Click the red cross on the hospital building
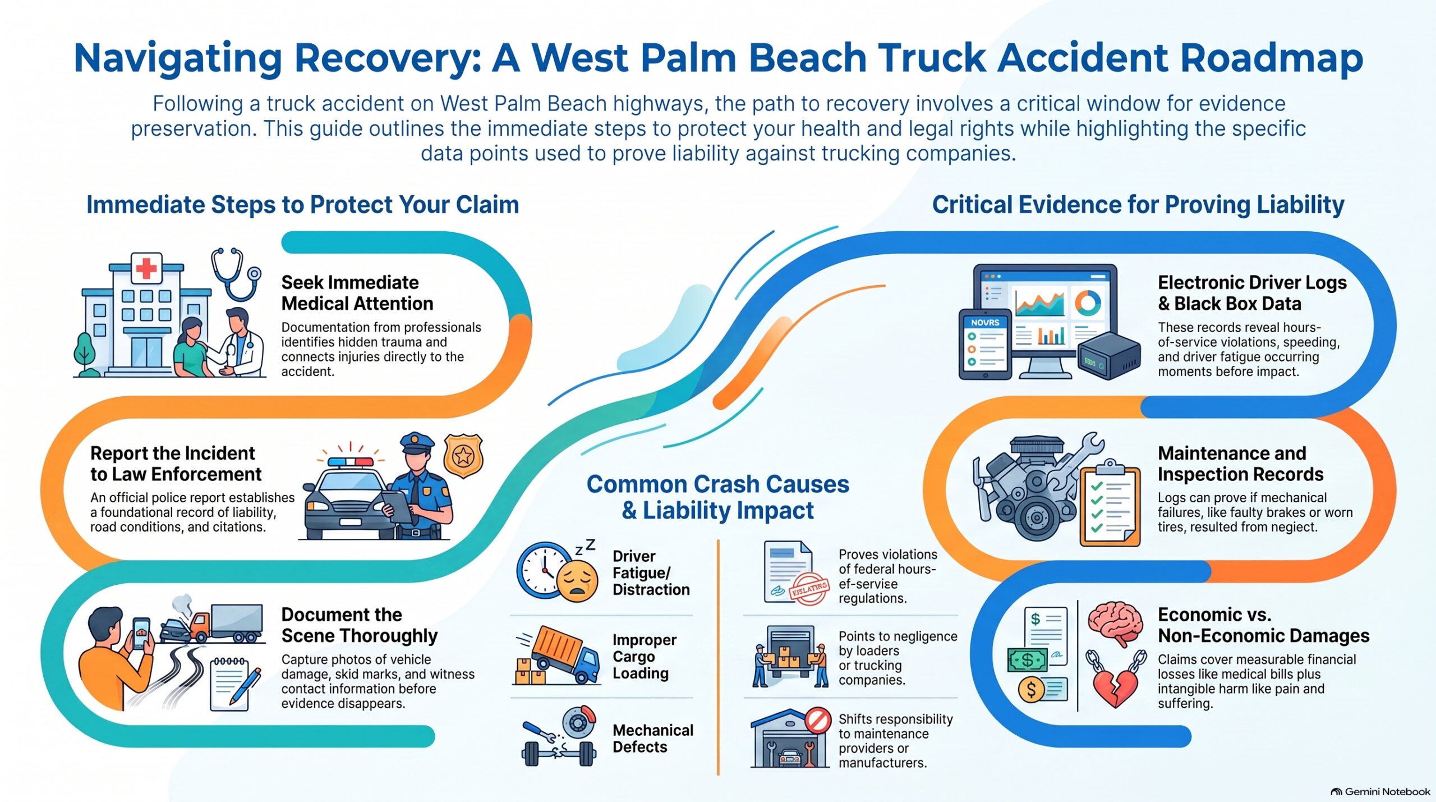point(146,268)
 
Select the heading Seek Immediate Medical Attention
point(357,293)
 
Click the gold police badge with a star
point(463,456)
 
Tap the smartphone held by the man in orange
point(141,633)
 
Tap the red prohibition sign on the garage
point(817,720)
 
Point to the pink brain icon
point(1115,623)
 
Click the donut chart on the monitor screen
point(1088,303)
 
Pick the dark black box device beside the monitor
point(1109,355)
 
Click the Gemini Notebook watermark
point(1380,791)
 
